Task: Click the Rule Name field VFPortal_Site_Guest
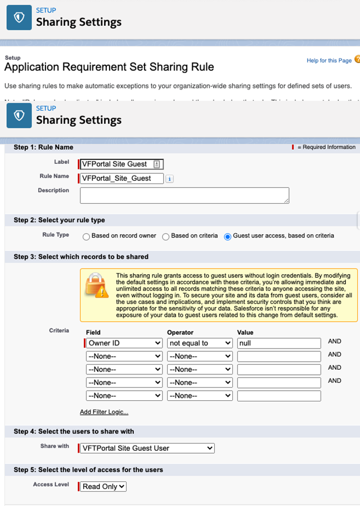pos(121,178)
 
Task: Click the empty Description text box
pos(184,195)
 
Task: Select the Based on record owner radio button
pos(86,236)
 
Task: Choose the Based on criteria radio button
pos(166,236)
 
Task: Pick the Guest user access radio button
pos(228,236)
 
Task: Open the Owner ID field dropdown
pos(124,343)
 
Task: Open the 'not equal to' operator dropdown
pos(200,343)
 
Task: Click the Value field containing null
pos(278,343)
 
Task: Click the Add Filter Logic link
pos(104,412)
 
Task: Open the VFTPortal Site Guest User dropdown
pos(147,448)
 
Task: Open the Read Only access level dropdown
pos(103,486)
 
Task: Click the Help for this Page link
pos(329,61)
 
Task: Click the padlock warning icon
pos(96,287)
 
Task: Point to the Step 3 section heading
pos(81,257)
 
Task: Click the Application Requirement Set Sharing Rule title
pos(109,67)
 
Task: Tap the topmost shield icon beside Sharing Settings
pos(19,18)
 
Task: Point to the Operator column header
pos(181,333)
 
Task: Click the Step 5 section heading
pos(88,469)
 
